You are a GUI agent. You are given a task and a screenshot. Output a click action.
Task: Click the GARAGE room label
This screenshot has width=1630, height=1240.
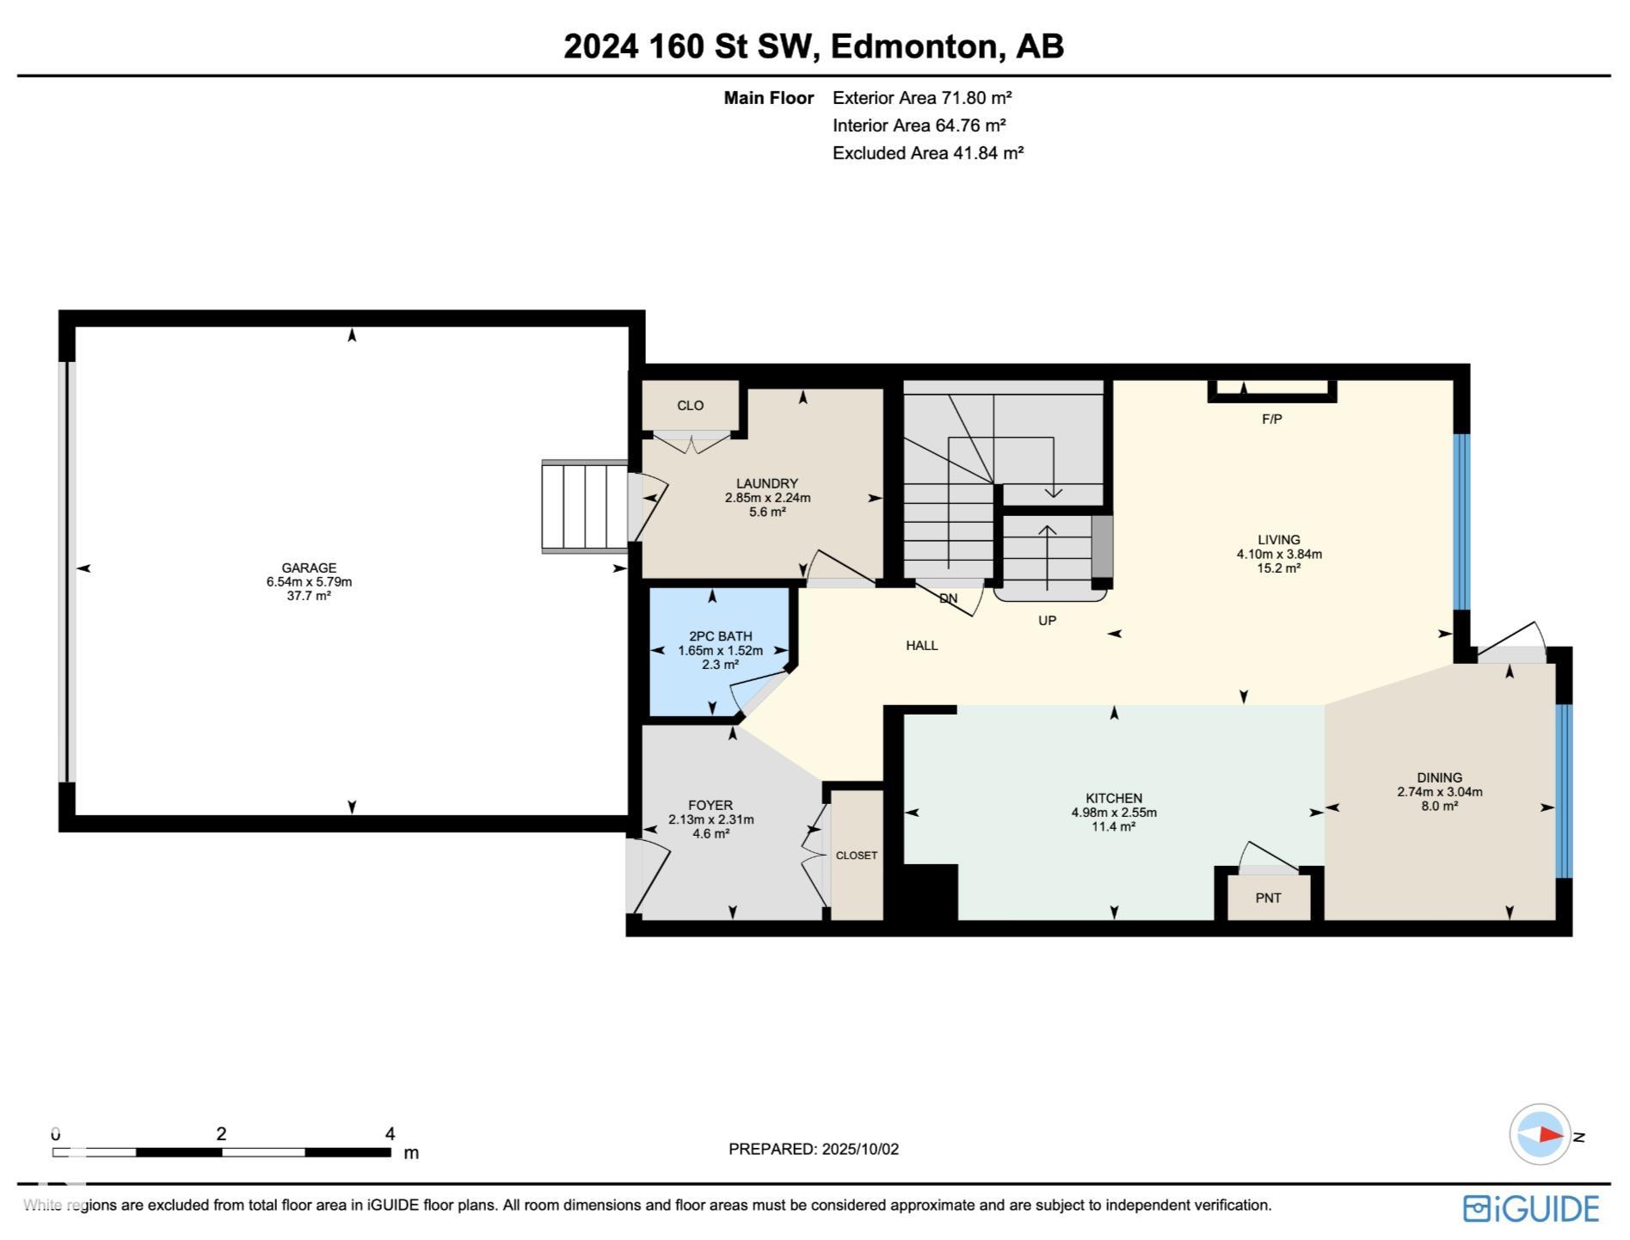coord(309,568)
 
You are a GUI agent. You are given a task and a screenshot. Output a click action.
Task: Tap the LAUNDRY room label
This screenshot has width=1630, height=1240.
coord(767,483)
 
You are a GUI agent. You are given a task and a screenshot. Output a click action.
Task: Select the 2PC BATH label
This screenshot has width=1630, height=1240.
coord(721,636)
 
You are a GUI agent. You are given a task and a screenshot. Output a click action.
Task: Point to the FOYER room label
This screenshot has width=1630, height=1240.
coord(710,806)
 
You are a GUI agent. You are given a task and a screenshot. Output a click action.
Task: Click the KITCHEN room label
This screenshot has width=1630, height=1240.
coord(1114,798)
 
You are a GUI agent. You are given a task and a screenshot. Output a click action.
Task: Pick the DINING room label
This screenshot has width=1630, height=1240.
coord(1440,777)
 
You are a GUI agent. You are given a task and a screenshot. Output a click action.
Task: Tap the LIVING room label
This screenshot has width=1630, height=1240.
coord(1279,540)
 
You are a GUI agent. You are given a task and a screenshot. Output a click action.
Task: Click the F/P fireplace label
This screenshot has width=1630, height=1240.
coord(1272,419)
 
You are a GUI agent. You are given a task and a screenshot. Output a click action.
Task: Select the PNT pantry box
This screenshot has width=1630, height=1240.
coord(1269,896)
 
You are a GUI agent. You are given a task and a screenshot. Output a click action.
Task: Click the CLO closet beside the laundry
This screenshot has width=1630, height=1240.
coord(691,405)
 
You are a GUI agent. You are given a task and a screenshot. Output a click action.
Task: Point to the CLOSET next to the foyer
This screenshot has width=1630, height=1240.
coord(857,855)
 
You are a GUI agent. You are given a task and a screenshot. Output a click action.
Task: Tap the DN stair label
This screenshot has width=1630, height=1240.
coord(948,599)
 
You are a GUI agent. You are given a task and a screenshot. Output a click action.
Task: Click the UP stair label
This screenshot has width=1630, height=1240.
coord(1047,620)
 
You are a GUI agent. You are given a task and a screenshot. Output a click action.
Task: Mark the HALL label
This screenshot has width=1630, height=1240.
coord(922,645)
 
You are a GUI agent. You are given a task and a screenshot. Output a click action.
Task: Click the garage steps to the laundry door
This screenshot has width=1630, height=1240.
coord(585,506)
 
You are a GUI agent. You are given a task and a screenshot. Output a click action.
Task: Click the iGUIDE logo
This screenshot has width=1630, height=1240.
coord(1531,1208)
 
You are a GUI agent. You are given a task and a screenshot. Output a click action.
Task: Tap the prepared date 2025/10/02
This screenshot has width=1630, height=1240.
coord(860,1149)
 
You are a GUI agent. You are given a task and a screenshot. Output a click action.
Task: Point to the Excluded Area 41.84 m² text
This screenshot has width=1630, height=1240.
coord(928,153)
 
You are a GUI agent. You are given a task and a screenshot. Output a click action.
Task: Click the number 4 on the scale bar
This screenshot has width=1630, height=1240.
coord(390,1133)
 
